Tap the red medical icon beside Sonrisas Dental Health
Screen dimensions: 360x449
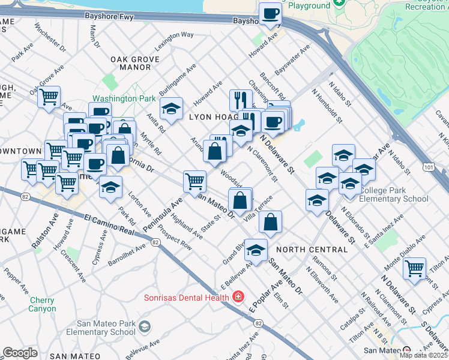point(238,297)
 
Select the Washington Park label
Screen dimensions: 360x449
point(119,98)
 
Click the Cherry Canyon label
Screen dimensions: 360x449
point(42,304)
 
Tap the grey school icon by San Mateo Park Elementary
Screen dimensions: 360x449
point(144,327)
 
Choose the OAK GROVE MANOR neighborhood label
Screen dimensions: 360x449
point(135,64)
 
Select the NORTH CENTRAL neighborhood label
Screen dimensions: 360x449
point(312,249)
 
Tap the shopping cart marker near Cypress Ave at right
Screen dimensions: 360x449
point(415,269)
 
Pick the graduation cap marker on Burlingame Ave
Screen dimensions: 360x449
point(172,109)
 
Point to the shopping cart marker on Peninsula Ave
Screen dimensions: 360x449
point(194,182)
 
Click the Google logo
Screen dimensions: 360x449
point(20,353)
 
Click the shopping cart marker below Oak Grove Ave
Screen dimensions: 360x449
point(49,97)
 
